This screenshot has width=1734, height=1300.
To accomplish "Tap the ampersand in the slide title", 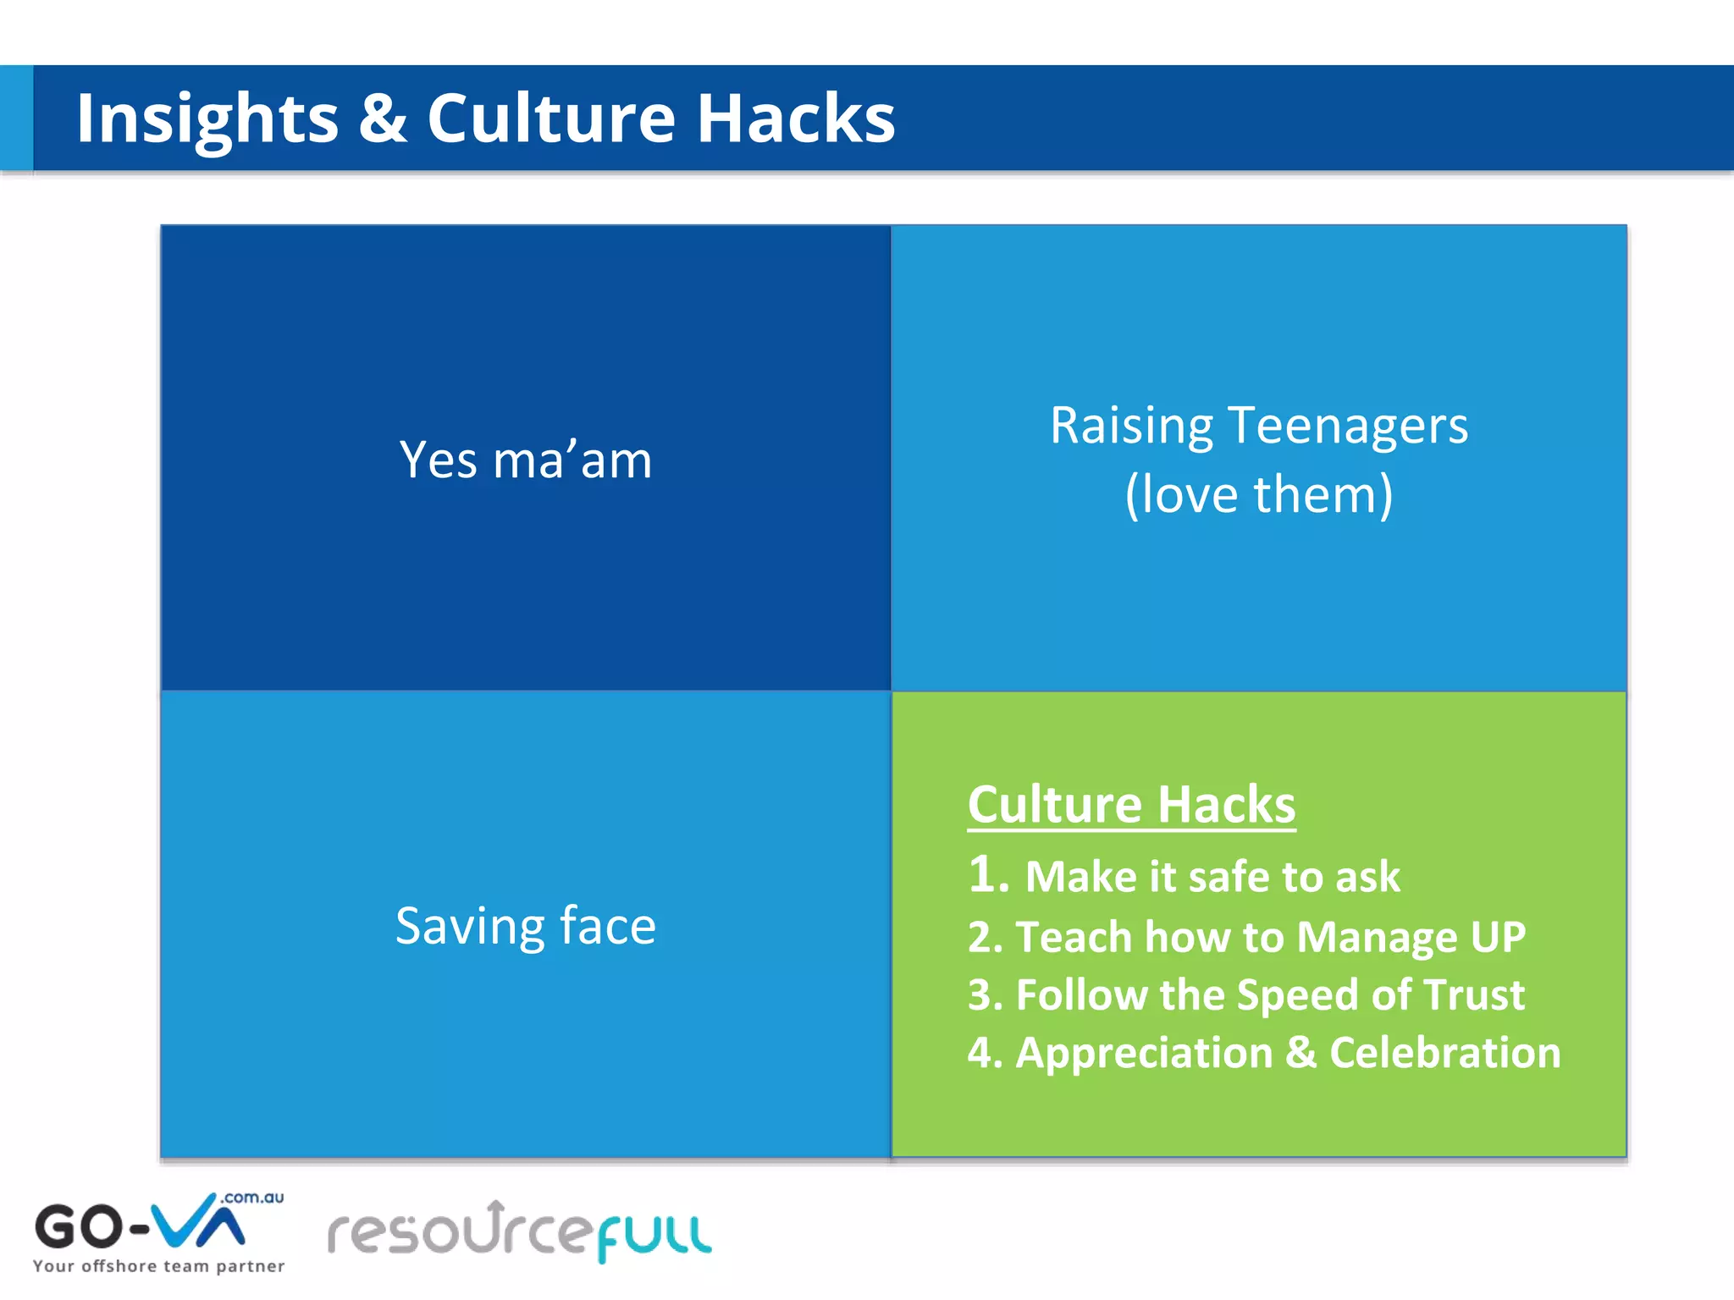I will (x=383, y=118).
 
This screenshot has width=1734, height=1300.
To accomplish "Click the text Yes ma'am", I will (x=526, y=460).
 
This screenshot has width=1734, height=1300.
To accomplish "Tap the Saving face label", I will (x=526, y=926).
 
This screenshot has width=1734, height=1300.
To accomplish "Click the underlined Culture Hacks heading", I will (x=1131, y=804).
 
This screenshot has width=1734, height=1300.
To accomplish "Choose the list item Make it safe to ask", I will (x=1212, y=877).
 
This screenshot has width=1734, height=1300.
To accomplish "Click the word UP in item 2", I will (x=1498, y=937).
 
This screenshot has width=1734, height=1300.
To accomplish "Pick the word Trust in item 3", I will (x=1473, y=994).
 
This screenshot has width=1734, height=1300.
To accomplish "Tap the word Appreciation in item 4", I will (x=1144, y=1053).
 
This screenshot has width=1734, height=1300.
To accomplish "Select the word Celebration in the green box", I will (x=1444, y=1053).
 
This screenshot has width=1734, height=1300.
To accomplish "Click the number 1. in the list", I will (x=989, y=875).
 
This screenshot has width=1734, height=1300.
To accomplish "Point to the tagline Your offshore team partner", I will (x=158, y=1267).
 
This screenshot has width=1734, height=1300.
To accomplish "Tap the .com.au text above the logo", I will (x=252, y=1198).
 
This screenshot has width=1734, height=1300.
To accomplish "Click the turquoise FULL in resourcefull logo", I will (x=654, y=1237).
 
